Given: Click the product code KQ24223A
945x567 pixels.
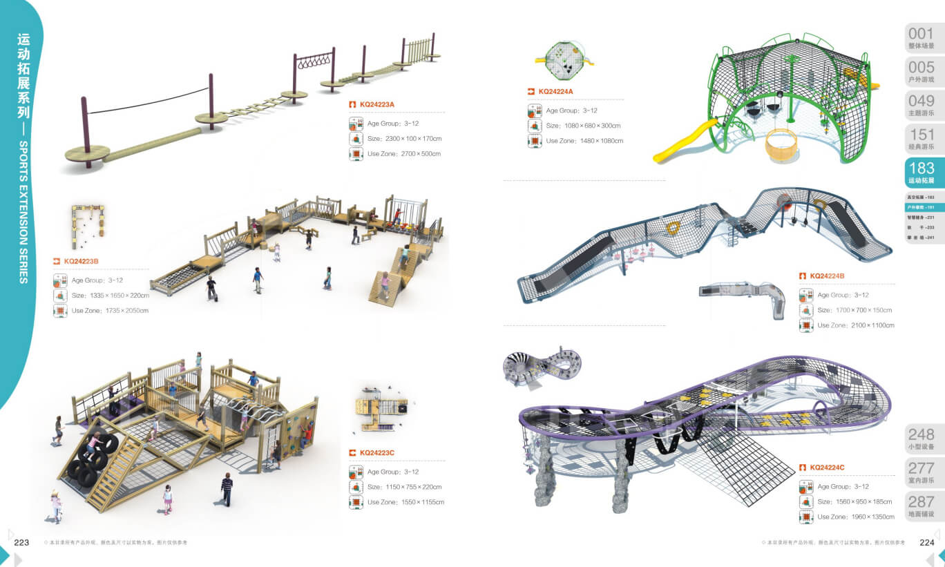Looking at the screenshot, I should tap(376, 105).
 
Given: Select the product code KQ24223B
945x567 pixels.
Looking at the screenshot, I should tap(81, 262).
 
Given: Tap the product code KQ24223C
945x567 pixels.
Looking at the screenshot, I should tap(376, 453).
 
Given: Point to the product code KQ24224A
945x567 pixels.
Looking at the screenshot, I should tap(555, 91).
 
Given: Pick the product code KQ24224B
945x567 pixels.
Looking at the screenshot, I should tap(827, 276).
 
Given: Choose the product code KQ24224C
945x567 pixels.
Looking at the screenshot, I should tap(826, 468).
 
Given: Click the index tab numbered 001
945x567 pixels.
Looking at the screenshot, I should tap(921, 38).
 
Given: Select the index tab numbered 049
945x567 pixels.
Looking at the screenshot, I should tap(921, 105).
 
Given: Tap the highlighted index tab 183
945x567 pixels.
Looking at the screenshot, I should tap(921, 172).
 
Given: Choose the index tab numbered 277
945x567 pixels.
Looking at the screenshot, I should tap(921, 472).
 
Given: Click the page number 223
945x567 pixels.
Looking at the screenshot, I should tap(21, 542).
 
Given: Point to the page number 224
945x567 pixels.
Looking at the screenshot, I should tap(926, 542).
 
